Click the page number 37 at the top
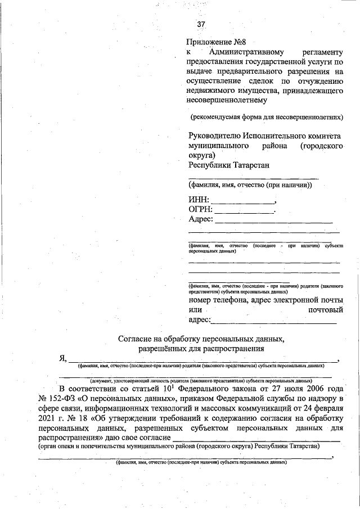(x=201, y=25)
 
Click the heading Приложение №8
(x=217, y=43)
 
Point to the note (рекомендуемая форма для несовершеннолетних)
(x=266, y=118)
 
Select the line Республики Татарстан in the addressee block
(x=228, y=165)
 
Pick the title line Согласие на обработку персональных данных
(x=201, y=339)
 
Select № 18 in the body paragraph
(x=72, y=418)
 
